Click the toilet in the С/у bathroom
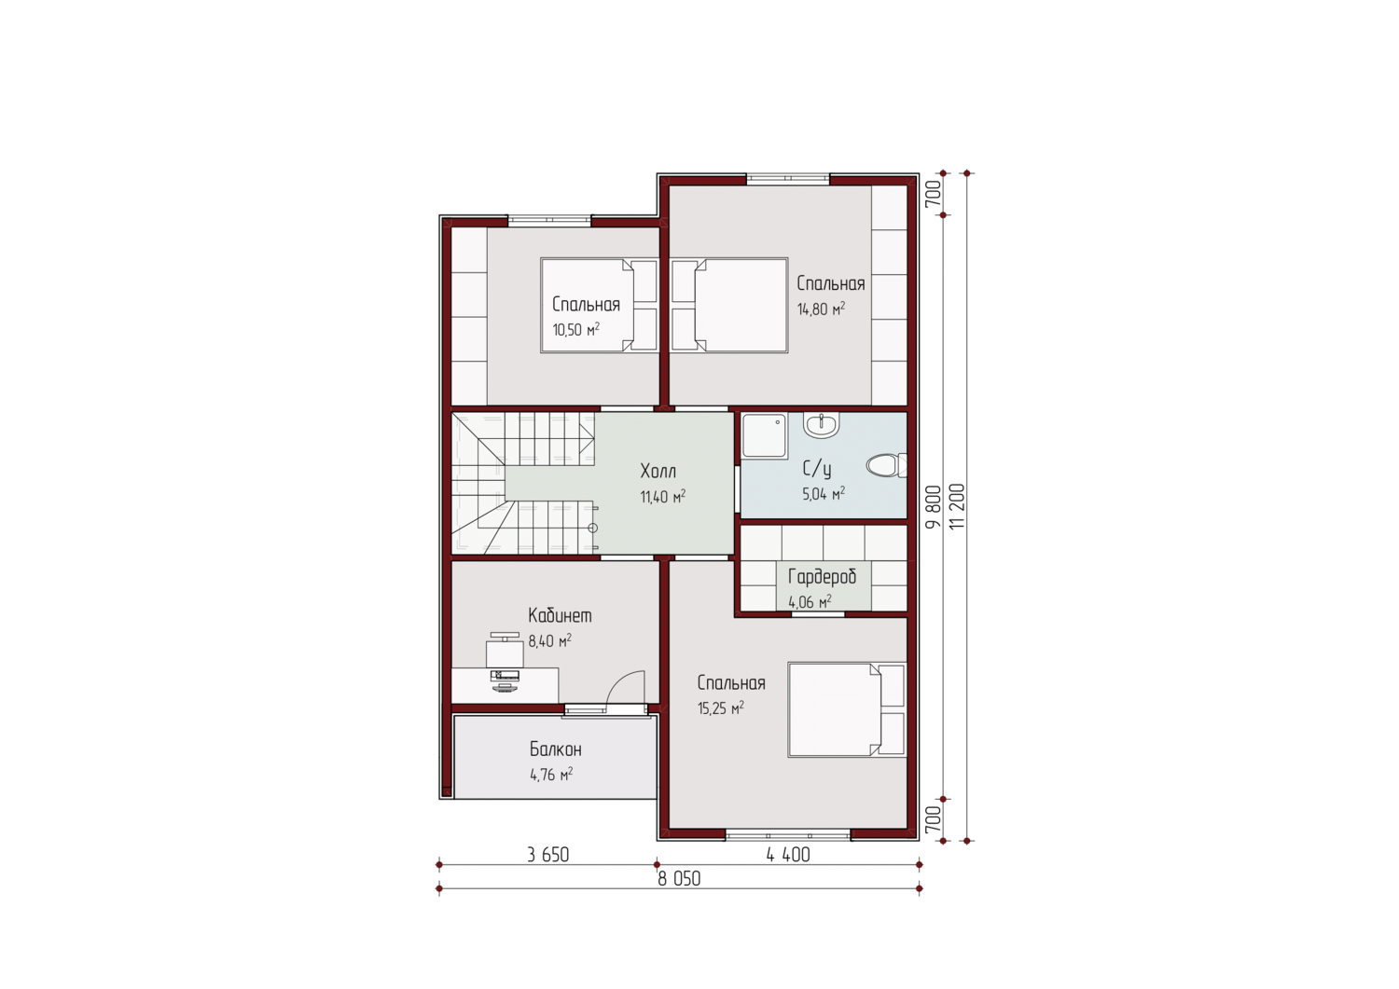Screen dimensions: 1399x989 click(x=886, y=465)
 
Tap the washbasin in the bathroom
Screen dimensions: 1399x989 click(x=822, y=424)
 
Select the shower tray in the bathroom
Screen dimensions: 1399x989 click(x=765, y=436)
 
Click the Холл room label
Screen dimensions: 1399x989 click(x=658, y=470)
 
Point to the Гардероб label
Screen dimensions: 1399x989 click(x=822, y=576)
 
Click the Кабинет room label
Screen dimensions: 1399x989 click(x=560, y=615)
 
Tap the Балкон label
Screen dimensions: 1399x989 click(x=556, y=749)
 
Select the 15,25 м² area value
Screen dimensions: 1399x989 click(x=721, y=708)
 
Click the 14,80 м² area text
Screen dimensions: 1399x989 click(x=821, y=309)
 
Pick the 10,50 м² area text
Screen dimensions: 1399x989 click(x=575, y=329)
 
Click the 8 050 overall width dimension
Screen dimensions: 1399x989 click(x=679, y=878)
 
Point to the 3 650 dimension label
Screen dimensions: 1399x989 click(x=547, y=855)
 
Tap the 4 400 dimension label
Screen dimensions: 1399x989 click(x=788, y=855)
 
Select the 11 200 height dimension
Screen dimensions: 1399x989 click(x=957, y=506)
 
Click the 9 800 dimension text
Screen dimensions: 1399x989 click(x=933, y=506)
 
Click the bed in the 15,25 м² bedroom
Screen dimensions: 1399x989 click(x=847, y=710)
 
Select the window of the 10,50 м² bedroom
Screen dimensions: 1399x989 click(x=549, y=220)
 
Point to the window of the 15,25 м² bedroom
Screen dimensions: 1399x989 click(x=788, y=835)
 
